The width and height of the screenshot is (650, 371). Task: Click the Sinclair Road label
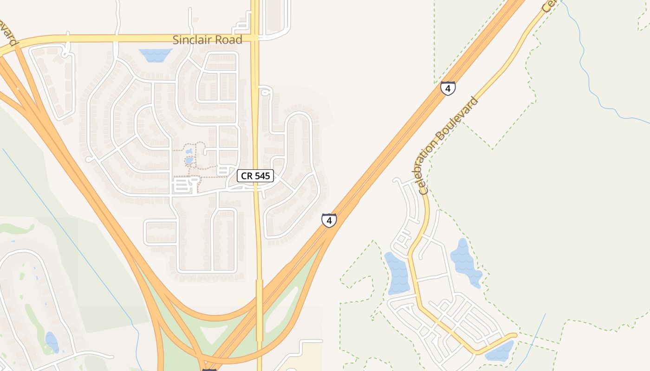[x=207, y=40]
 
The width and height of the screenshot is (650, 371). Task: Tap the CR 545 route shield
[x=255, y=176]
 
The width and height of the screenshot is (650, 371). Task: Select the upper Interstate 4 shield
[x=448, y=88]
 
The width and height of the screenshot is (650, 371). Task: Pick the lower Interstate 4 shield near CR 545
[x=329, y=220]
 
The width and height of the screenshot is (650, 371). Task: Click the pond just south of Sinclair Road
[x=155, y=55]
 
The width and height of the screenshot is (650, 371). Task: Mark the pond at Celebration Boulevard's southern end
[x=500, y=352]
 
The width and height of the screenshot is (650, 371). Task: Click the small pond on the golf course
[x=52, y=342]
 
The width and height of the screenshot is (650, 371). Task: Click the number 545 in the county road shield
[x=262, y=176]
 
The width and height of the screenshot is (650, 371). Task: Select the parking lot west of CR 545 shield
[x=182, y=186]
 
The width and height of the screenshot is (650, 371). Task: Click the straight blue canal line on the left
[x=70, y=232]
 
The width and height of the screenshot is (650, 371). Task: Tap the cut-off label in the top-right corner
[x=549, y=6]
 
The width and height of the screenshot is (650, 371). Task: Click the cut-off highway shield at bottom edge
[x=209, y=369]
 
